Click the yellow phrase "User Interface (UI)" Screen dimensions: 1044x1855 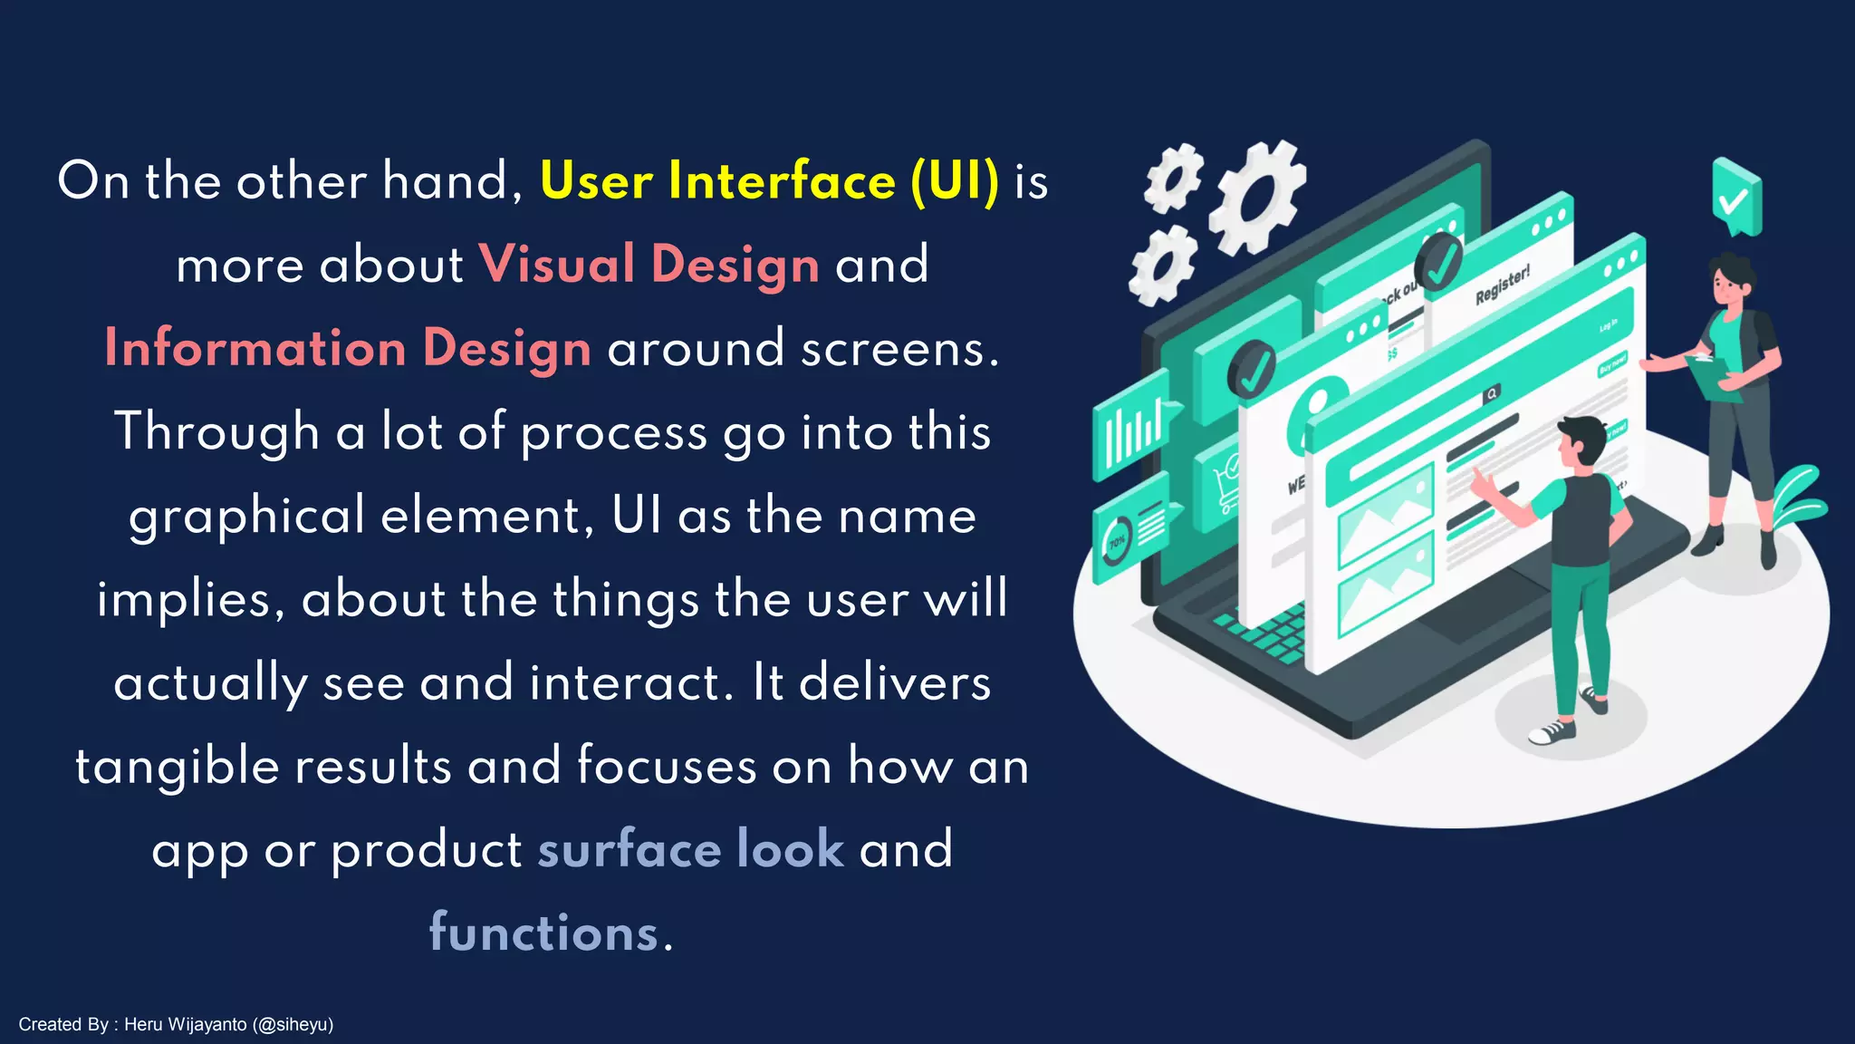coord(769,180)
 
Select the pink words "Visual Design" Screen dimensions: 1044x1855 coord(649,265)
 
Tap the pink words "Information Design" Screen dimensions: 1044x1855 coord(348,349)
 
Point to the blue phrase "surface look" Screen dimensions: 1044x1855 coord(690,849)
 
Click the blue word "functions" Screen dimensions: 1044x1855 coord(543,933)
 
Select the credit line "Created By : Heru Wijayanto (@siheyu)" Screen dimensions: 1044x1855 coord(176,1024)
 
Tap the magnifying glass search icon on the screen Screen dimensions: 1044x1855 coord(1491,393)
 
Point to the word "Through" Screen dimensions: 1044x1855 coord(216,431)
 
